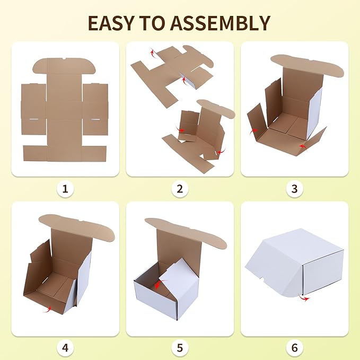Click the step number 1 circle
65,189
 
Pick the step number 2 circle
180,189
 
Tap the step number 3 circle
295,189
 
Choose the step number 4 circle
65,348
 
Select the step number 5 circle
180,348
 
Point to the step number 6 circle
295,348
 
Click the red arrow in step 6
305,298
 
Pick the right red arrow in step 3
302,145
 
